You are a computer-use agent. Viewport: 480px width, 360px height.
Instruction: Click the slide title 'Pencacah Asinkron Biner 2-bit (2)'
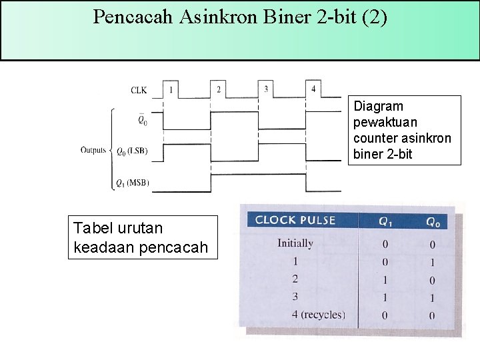(239, 17)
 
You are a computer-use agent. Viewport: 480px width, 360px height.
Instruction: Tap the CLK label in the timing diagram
(139, 89)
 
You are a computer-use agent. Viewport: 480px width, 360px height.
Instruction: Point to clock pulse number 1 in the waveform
(171, 89)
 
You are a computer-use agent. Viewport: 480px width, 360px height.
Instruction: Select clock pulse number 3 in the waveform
(266, 89)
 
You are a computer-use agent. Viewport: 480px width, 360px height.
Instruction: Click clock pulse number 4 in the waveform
(313, 89)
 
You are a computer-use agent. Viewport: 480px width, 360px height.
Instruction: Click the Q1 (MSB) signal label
(132, 182)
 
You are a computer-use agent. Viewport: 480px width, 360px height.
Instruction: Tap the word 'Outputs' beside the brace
(94, 150)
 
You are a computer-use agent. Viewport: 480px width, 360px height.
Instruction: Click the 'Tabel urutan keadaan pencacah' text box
(143, 237)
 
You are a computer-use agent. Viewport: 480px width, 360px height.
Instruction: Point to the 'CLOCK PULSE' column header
(295, 220)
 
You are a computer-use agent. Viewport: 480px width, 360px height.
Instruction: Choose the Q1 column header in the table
(385, 221)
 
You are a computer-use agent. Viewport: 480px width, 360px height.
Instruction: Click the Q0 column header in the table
(433, 221)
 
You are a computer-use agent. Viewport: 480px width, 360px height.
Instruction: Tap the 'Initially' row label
(295, 243)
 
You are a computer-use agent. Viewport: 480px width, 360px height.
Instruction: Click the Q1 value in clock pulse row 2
(385, 279)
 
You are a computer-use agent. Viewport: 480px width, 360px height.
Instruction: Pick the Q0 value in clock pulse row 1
(433, 262)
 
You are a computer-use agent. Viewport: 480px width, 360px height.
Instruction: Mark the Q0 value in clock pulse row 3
(433, 297)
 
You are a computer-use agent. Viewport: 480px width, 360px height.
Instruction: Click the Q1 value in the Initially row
(385, 245)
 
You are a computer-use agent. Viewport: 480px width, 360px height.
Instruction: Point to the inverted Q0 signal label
(142, 120)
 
